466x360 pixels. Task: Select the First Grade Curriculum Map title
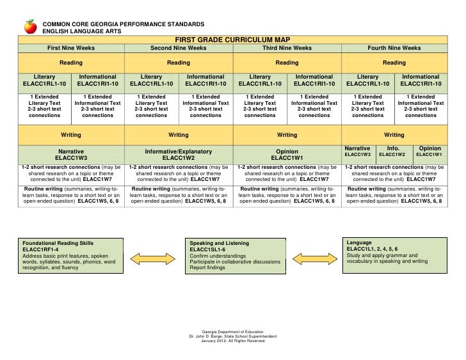tap(233, 38)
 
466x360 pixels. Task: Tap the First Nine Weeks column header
tap(70, 48)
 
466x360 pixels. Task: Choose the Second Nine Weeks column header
tap(178, 48)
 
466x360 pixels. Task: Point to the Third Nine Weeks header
tap(287, 48)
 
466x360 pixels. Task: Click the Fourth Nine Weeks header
tap(394, 48)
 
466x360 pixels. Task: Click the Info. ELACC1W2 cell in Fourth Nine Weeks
tap(394, 151)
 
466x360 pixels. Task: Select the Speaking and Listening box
tap(234, 256)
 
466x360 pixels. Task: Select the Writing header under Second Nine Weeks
tap(178, 135)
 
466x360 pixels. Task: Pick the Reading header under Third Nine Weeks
tap(287, 63)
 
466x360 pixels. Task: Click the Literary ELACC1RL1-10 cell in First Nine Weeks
tap(45, 80)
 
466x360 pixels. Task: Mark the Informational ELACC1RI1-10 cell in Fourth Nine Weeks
tap(421, 80)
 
